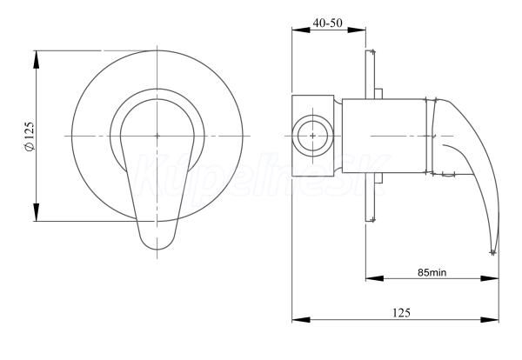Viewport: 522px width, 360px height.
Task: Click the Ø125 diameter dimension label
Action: coord(30,136)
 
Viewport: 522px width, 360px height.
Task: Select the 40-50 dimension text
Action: coord(328,23)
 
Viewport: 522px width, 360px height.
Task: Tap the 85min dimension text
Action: coord(432,272)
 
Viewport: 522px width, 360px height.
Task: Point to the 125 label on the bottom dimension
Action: coord(401,313)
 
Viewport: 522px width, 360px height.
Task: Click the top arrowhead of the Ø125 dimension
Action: coord(36,59)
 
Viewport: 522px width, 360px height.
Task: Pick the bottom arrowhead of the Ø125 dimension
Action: coord(36,212)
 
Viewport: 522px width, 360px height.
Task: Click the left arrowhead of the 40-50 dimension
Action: coord(301,30)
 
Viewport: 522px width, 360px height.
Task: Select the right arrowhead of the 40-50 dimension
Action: coord(357,30)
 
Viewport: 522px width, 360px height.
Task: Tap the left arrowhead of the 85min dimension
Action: coord(375,278)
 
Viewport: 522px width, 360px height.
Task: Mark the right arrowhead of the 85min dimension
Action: coord(490,278)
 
